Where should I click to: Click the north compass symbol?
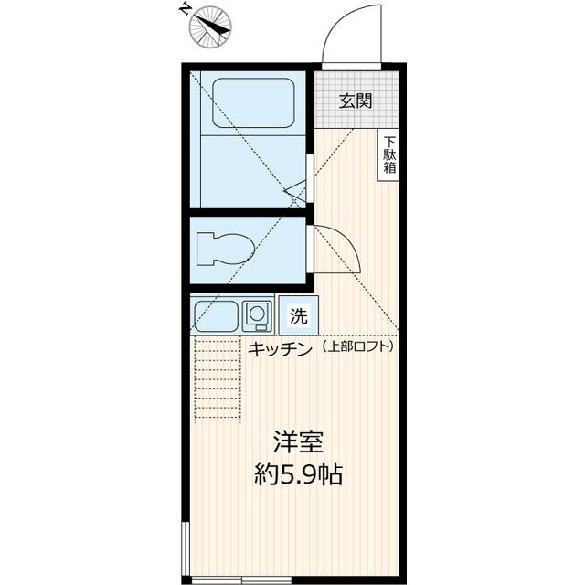pos(209,25)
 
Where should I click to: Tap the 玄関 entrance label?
pos(356,101)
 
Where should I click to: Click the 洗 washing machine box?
pos(298,316)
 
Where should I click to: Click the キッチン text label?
pos(280,347)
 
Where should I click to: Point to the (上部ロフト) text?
pos(357,347)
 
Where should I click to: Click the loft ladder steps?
pos(218,378)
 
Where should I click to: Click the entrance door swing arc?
pos(352,32)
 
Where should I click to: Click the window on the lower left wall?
pos(186,548)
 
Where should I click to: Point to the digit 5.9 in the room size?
pos(293,475)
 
